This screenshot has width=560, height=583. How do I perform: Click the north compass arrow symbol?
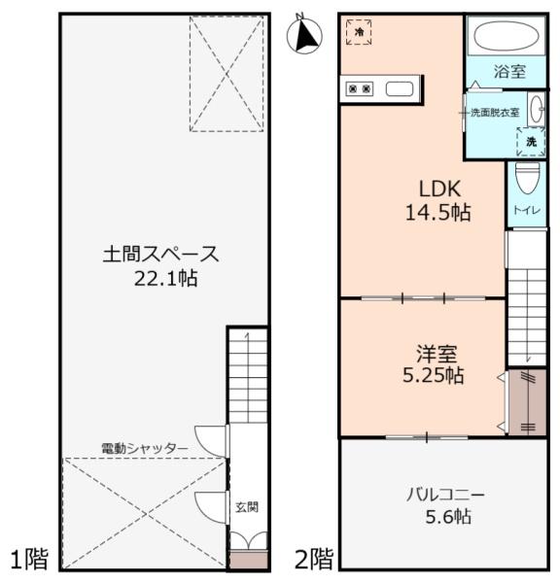[309, 36]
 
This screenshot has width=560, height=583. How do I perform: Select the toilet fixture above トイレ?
[526, 180]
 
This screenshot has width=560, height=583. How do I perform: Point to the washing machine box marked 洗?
[530, 142]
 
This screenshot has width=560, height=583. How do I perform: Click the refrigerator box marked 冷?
[360, 32]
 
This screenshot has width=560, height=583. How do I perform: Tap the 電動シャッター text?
[145, 448]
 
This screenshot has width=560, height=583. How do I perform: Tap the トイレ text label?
[525, 209]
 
